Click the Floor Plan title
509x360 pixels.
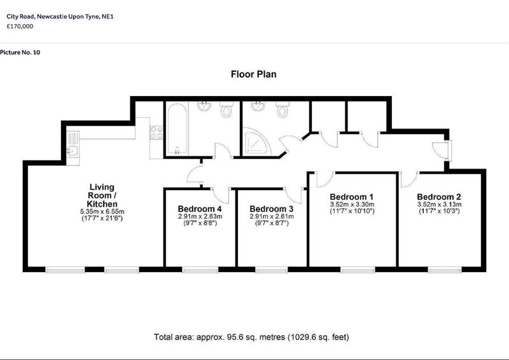[253, 74]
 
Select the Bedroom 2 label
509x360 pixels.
[439, 197]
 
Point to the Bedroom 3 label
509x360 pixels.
[272, 209]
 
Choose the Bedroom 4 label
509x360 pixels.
[200, 209]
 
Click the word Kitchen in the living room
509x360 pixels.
[102, 204]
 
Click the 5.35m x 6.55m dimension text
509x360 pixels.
[102, 212]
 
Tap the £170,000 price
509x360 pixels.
[20, 26]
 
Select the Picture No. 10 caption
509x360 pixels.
[20, 52]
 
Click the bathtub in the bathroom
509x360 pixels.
[178, 128]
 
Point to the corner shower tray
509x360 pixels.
[257, 141]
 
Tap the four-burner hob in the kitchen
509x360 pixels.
[157, 132]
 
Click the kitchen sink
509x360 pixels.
[73, 151]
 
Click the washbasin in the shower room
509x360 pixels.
[258, 106]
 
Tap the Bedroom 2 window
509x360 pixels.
[445, 270]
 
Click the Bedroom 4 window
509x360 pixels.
[200, 270]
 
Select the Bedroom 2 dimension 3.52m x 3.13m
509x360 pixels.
[439, 205]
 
